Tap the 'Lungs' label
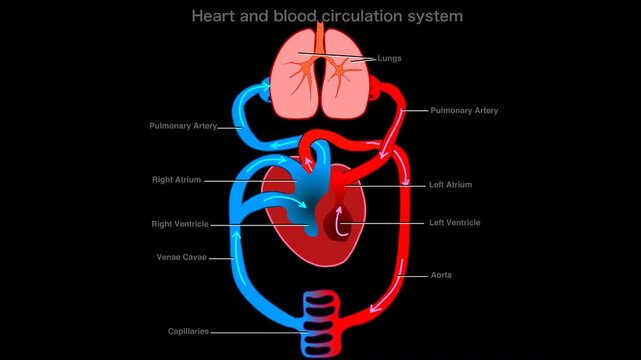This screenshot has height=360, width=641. [x=390, y=58]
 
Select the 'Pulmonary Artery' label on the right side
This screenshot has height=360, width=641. [x=464, y=110]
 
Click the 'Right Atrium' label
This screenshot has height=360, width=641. [x=177, y=180]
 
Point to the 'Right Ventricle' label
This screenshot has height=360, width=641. [x=180, y=223]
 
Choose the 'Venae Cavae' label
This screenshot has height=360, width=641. [x=180, y=258]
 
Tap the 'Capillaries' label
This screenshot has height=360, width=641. [x=188, y=331]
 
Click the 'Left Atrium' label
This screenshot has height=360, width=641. [x=450, y=185]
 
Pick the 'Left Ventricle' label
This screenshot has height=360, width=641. [x=454, y=222]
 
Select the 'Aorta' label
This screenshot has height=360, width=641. [x=440, y=274]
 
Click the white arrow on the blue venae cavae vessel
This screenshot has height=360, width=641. [x=236, y=236]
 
